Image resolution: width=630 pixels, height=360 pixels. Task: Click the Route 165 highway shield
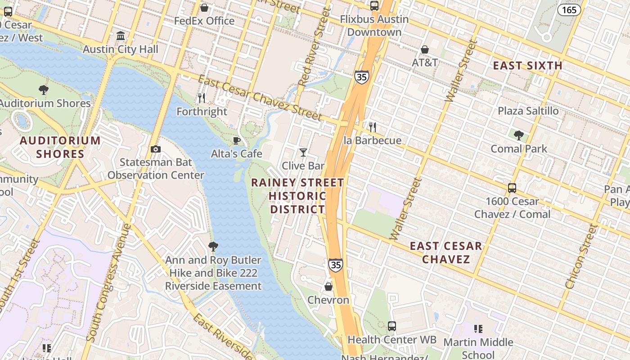point(569,9)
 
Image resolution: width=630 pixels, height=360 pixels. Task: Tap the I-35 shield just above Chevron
point(335,265)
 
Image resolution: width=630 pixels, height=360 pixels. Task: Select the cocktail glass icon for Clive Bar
point(303,153)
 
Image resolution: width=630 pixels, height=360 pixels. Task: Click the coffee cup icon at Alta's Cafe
point(237,141)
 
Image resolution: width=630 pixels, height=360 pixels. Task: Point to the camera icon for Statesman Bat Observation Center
point(156,149)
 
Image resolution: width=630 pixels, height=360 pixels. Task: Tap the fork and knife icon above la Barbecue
point(372,127)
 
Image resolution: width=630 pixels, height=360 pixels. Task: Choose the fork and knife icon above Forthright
point(202,98)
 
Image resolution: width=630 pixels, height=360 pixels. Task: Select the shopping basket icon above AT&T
point(425,49)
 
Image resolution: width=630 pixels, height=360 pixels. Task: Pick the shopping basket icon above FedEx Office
point(204,8)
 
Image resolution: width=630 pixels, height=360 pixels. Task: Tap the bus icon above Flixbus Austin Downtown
point(374,6)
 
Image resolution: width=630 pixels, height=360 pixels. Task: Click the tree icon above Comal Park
point(518,135)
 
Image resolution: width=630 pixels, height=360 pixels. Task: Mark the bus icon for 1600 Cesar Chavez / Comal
point(512,188)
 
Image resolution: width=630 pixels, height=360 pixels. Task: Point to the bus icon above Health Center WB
point(392,326)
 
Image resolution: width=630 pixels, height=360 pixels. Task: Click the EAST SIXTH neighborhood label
point(527,66)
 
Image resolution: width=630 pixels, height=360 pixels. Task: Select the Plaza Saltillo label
point(528,111)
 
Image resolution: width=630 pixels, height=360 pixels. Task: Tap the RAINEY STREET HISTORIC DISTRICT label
point(297,196)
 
